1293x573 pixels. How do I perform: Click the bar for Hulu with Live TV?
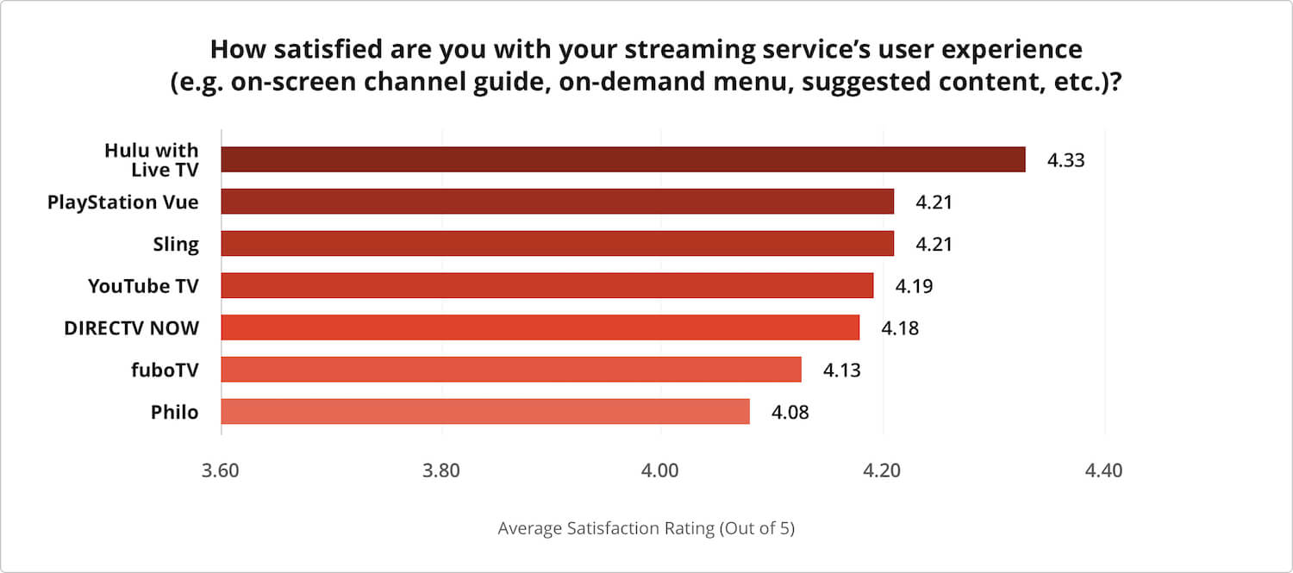[x=622, y=159]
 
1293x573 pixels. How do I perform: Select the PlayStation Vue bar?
[x=557, y=202]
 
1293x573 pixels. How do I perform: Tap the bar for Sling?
[x=557, y=244]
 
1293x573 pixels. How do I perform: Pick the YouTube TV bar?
[x=547, y=285]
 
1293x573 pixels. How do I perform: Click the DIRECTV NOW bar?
[x=540, y=327]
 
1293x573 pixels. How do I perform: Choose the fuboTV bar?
[x=510, y=370]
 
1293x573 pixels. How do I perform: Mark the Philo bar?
[x=484, y=412]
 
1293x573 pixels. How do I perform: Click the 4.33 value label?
[x=1065, y=160]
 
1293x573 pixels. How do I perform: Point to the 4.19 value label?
[x=914, y=286]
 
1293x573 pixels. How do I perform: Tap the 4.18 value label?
[x=900, y=328]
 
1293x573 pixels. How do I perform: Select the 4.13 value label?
[x=841, y=371]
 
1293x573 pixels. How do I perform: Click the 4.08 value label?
[x=790, y=413]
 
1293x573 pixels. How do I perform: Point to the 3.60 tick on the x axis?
[x=222, y=471]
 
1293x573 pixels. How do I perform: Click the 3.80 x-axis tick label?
[x=441, y=471]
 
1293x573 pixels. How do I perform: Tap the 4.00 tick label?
[x=661, y=471]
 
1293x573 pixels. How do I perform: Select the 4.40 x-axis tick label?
[x=1103, y=471]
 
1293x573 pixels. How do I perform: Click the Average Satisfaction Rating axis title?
[x=646, y=528]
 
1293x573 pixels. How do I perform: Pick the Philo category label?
[x=174, y=413]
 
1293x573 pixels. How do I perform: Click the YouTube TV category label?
[x=143, y=286]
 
